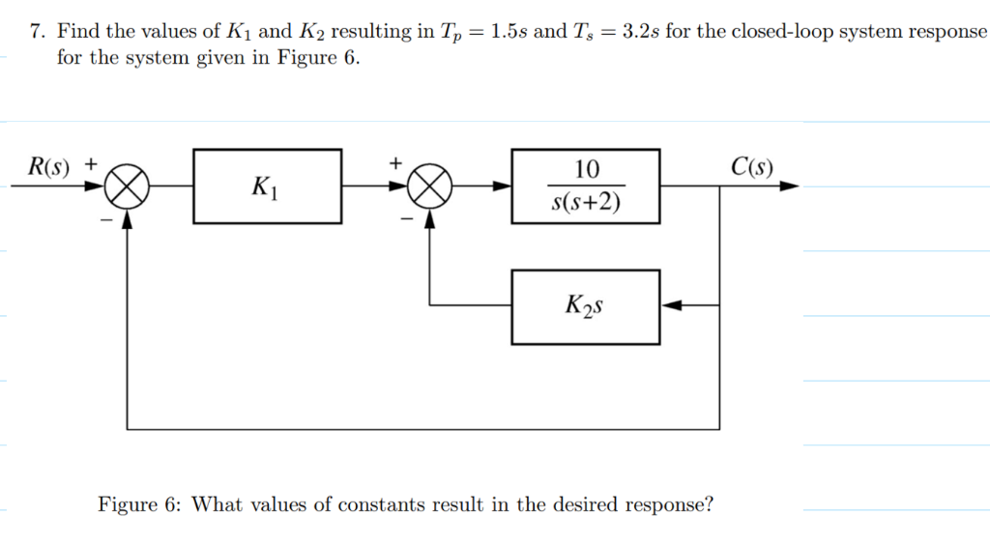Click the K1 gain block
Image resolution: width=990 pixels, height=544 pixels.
coord(268,186)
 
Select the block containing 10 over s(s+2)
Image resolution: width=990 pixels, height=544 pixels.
coord(586,186)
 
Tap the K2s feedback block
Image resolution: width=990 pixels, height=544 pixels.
coord(586,307)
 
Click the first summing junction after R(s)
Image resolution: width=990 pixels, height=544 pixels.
coord(127,186)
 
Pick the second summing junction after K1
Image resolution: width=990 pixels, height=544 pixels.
coord(430,186)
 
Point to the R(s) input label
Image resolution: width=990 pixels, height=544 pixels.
coord(48,166)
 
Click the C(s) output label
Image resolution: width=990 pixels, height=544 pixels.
coord(752,166)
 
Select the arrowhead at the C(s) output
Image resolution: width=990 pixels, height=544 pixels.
coord(790,186)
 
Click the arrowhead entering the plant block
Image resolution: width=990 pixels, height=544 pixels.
coord(503,186)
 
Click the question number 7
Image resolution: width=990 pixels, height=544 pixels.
coord(36,31)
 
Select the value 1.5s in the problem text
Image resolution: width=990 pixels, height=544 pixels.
coord(510,31)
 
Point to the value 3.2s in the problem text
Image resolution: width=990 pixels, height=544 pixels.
coord(641,31)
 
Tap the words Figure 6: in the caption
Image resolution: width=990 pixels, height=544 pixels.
coord(140,504)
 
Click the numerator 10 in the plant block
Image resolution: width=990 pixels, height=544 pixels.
coord(587,170)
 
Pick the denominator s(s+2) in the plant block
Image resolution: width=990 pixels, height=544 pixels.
coord(587,203)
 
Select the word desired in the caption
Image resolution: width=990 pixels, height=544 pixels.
coord(586,504)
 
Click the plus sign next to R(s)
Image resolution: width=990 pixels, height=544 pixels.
coord(91,164)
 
